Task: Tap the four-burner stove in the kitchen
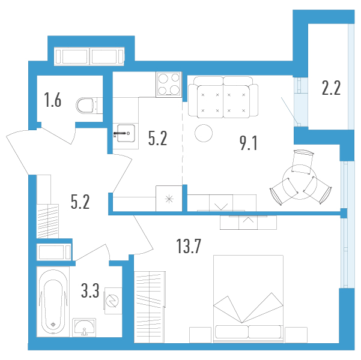click(169, 85)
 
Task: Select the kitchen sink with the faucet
click(126, 133)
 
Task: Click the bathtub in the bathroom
click(53, 302)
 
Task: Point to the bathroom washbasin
click(84, 328)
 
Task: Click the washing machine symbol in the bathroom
click(113, 301)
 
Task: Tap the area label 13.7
click(189, 246)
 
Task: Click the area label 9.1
click(249, 143)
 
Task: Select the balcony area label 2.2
click(331, 88)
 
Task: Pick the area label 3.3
click(90, 291)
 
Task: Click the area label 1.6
click(53, 100)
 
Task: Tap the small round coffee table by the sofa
click(204, 133)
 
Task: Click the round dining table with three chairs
click(300, 182)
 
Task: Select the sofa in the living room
click(223, 97)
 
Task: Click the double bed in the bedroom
click(248, 299)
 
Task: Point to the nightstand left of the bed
click(200, 335)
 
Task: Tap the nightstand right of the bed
click(296, 335)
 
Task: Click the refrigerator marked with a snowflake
click(169, 199)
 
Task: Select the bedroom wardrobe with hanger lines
click(150, 307)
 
